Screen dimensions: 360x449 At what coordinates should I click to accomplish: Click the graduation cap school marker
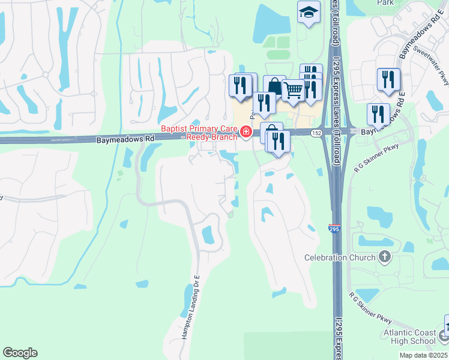point(308,12)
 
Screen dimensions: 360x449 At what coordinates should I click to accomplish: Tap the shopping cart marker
point(293,91)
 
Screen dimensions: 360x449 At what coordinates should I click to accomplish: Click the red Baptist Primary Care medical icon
point(246,132)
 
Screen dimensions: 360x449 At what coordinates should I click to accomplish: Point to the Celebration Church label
point(341,258)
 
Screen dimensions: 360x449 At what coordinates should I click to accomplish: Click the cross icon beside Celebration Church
point(385,258)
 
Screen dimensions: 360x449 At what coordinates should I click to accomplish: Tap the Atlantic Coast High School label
point(411,337)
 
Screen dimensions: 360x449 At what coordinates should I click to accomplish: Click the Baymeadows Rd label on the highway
point(125,138)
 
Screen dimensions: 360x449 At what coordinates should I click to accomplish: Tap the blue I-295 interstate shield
point(334,229)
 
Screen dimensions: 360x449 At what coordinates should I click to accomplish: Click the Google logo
point(20,353)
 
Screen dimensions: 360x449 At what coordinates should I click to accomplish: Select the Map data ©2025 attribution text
point(424,355)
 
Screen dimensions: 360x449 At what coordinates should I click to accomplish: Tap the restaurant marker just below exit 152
point(279,142)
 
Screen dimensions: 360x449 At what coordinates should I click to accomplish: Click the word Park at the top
point(385,2)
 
